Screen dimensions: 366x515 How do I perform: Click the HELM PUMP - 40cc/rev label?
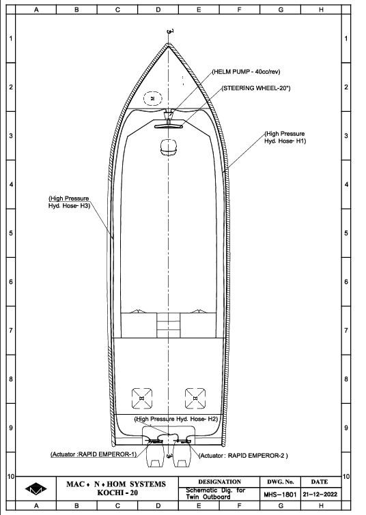point(247,72)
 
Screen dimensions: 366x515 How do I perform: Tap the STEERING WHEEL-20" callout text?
point(256,88)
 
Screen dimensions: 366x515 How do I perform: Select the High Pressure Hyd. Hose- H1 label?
point(285,137)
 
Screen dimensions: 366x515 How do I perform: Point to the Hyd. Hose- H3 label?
point(70,206)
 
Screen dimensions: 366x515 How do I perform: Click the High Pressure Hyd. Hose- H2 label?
point(176,419)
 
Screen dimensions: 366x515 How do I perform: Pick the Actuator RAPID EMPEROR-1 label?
point(94,454)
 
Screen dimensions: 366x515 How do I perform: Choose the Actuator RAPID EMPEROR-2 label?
point(243,456)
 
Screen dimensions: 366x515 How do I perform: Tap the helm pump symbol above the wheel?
point(169,116)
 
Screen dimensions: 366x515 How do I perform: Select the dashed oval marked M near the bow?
point(152,98)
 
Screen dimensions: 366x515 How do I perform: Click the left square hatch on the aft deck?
point(142,398)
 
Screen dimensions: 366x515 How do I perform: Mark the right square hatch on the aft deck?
point(195,398)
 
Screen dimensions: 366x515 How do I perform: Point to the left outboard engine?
point(155,454)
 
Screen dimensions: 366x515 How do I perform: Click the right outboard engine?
point(182,454)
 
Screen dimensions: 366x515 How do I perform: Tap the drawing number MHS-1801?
point(280,495)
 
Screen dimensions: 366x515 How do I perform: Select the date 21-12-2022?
point(320,495)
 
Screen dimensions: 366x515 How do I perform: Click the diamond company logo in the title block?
point(36,489)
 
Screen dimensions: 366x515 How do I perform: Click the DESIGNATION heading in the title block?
point(219,482)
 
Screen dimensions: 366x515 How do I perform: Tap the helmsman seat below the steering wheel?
point(169,147)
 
